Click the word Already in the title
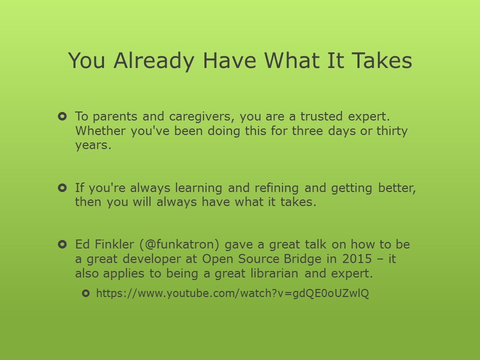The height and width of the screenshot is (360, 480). click(x=153, y=61)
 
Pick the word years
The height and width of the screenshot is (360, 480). click(x=93, y=145)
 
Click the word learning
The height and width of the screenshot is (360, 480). click(x=198, y=188)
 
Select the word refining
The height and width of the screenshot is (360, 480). click(x=276, y=188)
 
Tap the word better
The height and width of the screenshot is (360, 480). click(x=397, y=188)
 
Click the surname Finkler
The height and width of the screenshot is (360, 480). click(x=114, y=244)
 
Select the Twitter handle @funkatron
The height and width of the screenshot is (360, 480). click(x=179, y=244)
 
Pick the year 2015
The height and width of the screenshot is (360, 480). click(x=357, y=259)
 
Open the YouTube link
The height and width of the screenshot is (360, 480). click(x=232, y=293)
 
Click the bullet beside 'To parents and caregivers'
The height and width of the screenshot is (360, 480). click(x=62, y=116)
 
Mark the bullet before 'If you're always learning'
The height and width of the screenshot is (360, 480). click(x=62, y=188)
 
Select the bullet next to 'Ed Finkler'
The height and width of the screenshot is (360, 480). click(x=62, y=244)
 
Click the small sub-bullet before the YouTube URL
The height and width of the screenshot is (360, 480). click(x=85, y=293)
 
